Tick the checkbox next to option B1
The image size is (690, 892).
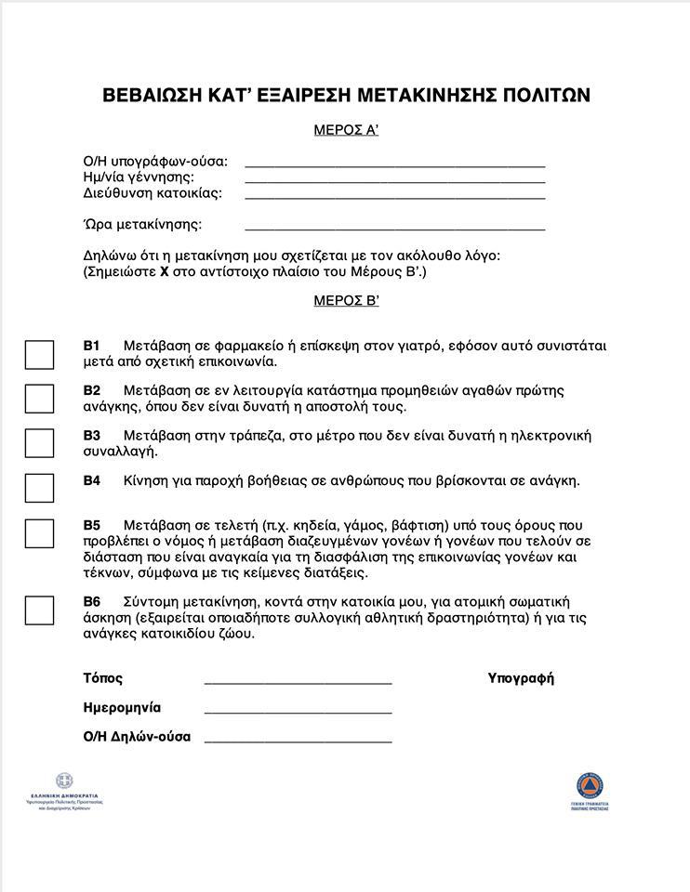tap(39, 354)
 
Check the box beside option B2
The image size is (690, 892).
tap(39, 398)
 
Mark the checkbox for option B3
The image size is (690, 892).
tap(39, 443)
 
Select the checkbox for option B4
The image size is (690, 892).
tap(39, 488)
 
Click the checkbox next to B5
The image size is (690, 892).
tap(39, 533)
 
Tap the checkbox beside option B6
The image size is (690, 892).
tap(39, 610)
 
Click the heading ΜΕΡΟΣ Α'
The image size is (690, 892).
tap(346, 130)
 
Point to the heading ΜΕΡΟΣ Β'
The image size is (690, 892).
tap(346, 300)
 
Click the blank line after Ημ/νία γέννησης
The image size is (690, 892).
tap(394, 180)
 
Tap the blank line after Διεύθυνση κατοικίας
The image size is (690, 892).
tap(394, 197)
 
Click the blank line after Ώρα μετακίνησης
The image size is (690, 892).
tap(394, 228)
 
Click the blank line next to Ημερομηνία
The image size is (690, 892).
tap(298, 712)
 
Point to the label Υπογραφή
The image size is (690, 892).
tap(521, 678)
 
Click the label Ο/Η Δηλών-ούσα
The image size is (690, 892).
tap(137, 737)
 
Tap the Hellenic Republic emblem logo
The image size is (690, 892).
tap(64, 781)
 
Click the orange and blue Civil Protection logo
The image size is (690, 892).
tap(590, 785)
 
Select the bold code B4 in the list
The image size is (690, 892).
tap(91, 480)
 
